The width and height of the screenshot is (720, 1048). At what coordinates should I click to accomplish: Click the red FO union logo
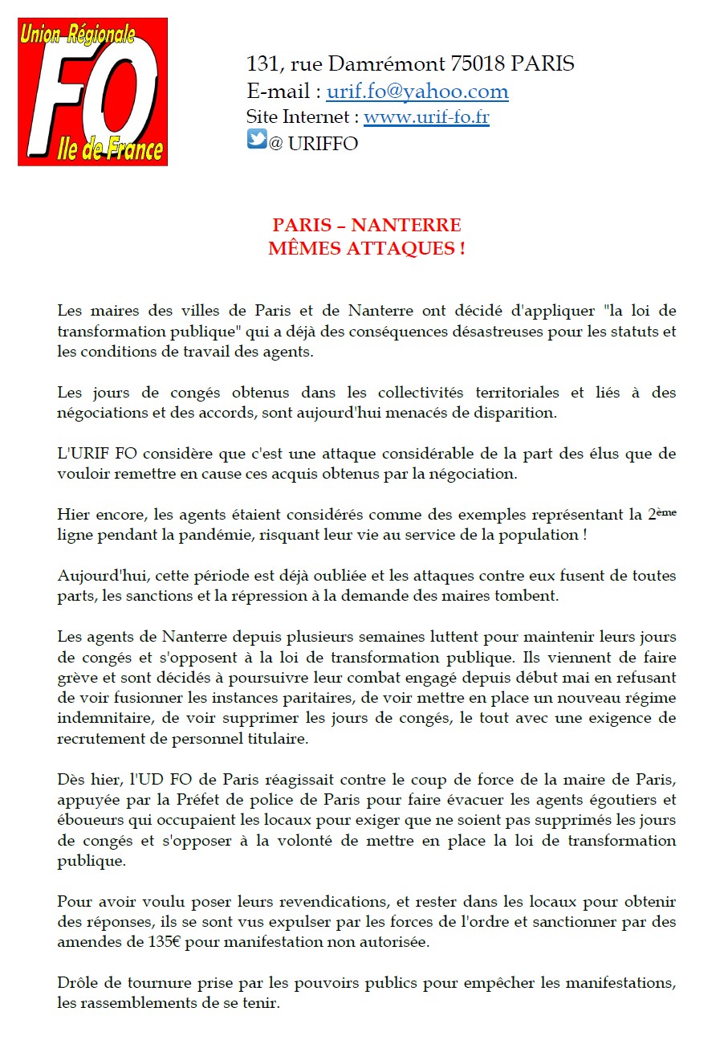point(92,92)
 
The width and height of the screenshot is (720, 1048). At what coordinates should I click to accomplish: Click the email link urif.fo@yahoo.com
point(417,92)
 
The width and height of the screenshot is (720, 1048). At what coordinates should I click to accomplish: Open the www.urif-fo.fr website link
point(426,117)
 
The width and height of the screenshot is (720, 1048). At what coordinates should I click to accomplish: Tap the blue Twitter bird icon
point(256,140)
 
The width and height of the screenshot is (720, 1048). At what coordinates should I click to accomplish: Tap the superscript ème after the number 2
point(667,512)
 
